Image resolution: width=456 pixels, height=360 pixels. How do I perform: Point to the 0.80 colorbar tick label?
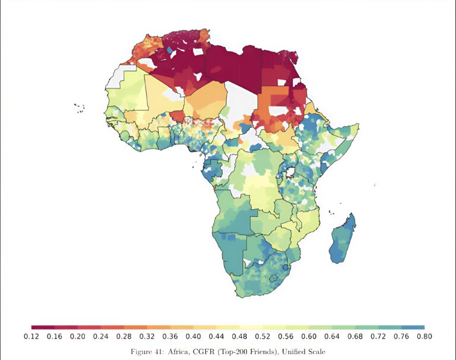[424, 337]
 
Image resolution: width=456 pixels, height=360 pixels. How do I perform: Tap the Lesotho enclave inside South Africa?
[274, 277]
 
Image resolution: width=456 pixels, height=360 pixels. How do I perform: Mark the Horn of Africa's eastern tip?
[358, 125]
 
